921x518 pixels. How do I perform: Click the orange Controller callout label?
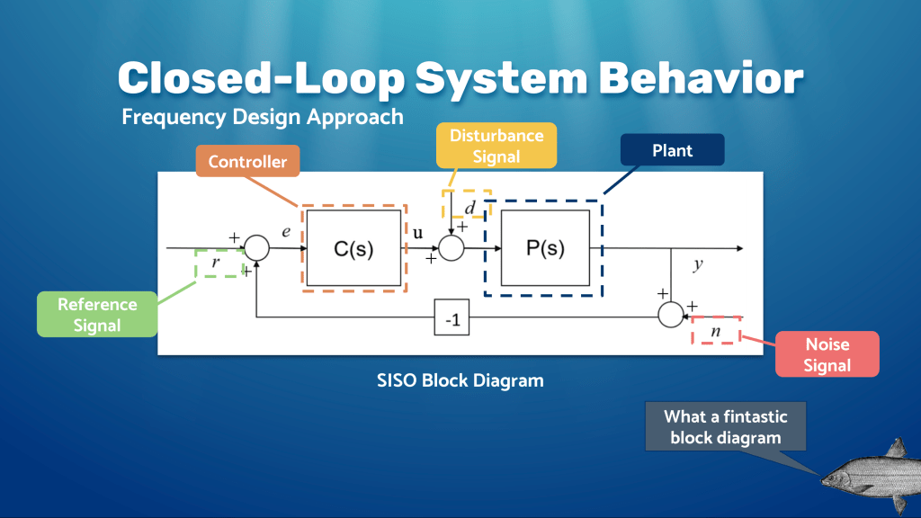pos(247,162)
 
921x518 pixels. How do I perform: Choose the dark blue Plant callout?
pos(672,150)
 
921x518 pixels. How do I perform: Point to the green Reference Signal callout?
pos(97,315)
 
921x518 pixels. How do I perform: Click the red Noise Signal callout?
pos(827,354)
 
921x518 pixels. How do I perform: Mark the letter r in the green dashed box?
pos(215,263)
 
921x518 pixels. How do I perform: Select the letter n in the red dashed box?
pos(716,331)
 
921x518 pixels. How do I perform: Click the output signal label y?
pos(697,265)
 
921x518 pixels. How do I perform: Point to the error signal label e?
pos(286,232)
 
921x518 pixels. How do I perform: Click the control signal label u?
pos(418,232)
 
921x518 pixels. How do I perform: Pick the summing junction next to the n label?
pos(671,315)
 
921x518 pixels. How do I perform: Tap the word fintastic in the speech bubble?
pos(746,416)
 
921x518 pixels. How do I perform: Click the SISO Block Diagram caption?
pos(460,380)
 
